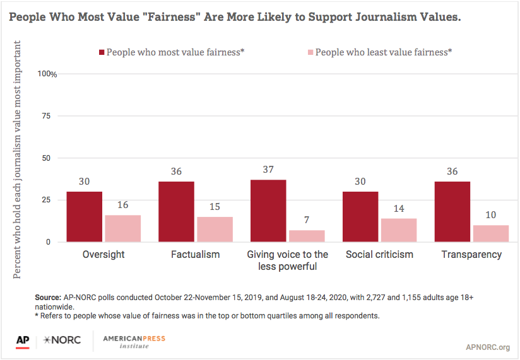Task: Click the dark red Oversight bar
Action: click(x=84, y=217)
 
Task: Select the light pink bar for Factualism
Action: click(x=215, y=229)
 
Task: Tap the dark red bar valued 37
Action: click(x=268, y=211)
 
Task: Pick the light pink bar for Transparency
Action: click(x=491, y=233)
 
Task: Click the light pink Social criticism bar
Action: click(x=399, y=230)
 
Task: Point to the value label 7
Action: click(x=307, y=220)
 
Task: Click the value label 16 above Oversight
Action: click(x=122, y=205)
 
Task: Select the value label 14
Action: click(x=399, y=209)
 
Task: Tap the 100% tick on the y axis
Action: click(x=47, y=74)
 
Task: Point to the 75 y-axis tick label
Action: click(x=47, y=116)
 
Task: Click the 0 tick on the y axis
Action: click(x=49, y=242)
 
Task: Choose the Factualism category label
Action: click(x=196, y=254)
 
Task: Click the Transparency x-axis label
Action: click(x=471, y=255)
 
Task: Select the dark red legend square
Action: click(x=102, y=52)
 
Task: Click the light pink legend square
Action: click(x=310, y=52)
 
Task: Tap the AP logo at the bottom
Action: click(x=23, y=342)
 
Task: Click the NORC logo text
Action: click(x=62, y=340)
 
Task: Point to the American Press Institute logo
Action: click(x=134, y=342)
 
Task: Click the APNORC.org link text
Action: click(x=488, y=347)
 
